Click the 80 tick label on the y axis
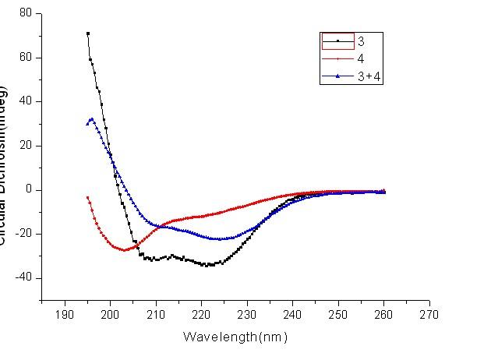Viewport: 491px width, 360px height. (26, 13)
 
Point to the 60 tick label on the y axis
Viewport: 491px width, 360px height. (26, 58)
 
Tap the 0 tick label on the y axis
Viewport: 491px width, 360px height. (29, 189)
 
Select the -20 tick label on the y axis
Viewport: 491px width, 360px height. (23, 234)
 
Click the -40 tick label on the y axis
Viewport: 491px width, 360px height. (23, 278)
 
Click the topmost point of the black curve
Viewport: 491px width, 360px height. (88, 34)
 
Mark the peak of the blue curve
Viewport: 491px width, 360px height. (92, 119)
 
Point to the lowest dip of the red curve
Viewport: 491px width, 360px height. (124, 249)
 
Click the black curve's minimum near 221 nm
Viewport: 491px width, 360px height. (206, 265)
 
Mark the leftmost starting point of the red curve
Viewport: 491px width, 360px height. (87, 197)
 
